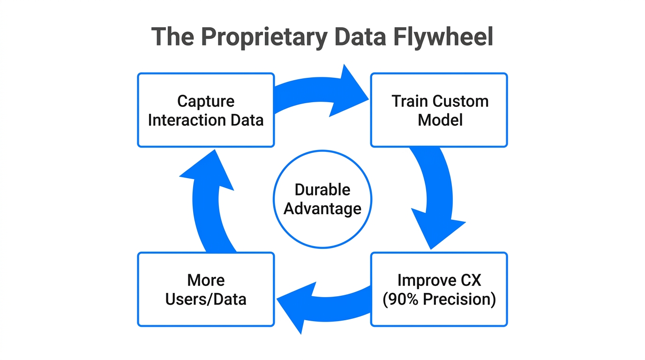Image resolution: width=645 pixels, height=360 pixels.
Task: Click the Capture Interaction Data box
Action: (206, 110)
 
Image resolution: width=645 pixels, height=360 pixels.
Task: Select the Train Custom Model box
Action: (439, 110)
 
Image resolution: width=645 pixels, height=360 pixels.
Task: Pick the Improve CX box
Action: (439, 289)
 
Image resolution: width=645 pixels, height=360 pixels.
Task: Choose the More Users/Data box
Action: (206, 289)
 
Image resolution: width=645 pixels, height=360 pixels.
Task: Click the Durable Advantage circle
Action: (322, 199)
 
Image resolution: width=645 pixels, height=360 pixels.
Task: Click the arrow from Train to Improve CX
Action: (438, 197)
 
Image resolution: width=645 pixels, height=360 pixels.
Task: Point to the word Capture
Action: (206, 101)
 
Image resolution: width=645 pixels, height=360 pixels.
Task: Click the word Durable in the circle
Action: (322, 190)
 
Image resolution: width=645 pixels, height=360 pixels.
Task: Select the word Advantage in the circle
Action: (322, 209)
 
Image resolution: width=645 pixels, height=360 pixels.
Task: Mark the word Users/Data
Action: (206, 299)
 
